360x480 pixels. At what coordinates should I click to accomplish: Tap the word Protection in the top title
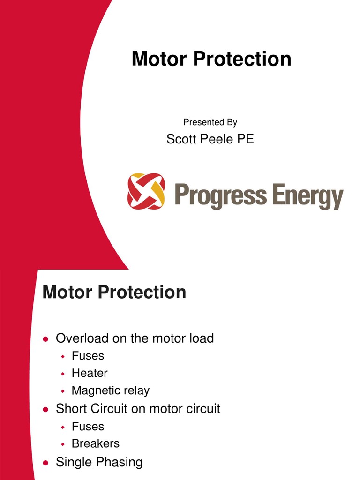[243, 60]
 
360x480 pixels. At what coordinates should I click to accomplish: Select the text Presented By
[210, 122]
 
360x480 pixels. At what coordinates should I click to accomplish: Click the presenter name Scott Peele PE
[210, 139]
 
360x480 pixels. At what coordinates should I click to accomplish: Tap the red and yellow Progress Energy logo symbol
[146, 191]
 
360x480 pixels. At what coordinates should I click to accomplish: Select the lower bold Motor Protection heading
[114, 292]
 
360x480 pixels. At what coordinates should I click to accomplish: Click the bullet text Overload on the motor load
[135, 338]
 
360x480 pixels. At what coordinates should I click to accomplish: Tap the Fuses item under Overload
[88, 356]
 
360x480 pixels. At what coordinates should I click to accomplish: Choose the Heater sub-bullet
[90, 373]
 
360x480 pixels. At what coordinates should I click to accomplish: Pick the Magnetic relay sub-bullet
[110, 390]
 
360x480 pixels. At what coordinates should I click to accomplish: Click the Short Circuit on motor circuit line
[138, 409]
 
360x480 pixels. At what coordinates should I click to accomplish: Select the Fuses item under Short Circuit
[88, 427]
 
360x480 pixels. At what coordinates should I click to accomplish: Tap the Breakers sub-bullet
[95, 443]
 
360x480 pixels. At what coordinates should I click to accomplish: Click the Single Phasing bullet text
[99, 462]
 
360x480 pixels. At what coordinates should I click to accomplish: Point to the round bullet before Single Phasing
[45, 463]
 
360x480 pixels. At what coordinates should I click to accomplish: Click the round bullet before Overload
[45, 338]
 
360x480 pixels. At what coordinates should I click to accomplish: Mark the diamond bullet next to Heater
[62, 374]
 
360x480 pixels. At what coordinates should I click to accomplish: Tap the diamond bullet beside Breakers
[62, 444]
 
